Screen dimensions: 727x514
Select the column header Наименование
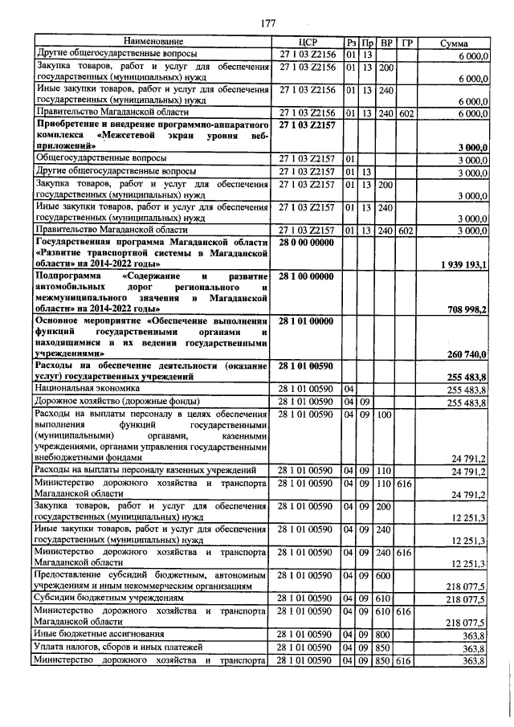[x=153, y=42]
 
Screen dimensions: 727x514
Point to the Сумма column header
[x=455, y=42]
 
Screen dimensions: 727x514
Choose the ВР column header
[x=386, y=42]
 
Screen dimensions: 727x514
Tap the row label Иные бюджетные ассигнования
[x=96, y=634]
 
